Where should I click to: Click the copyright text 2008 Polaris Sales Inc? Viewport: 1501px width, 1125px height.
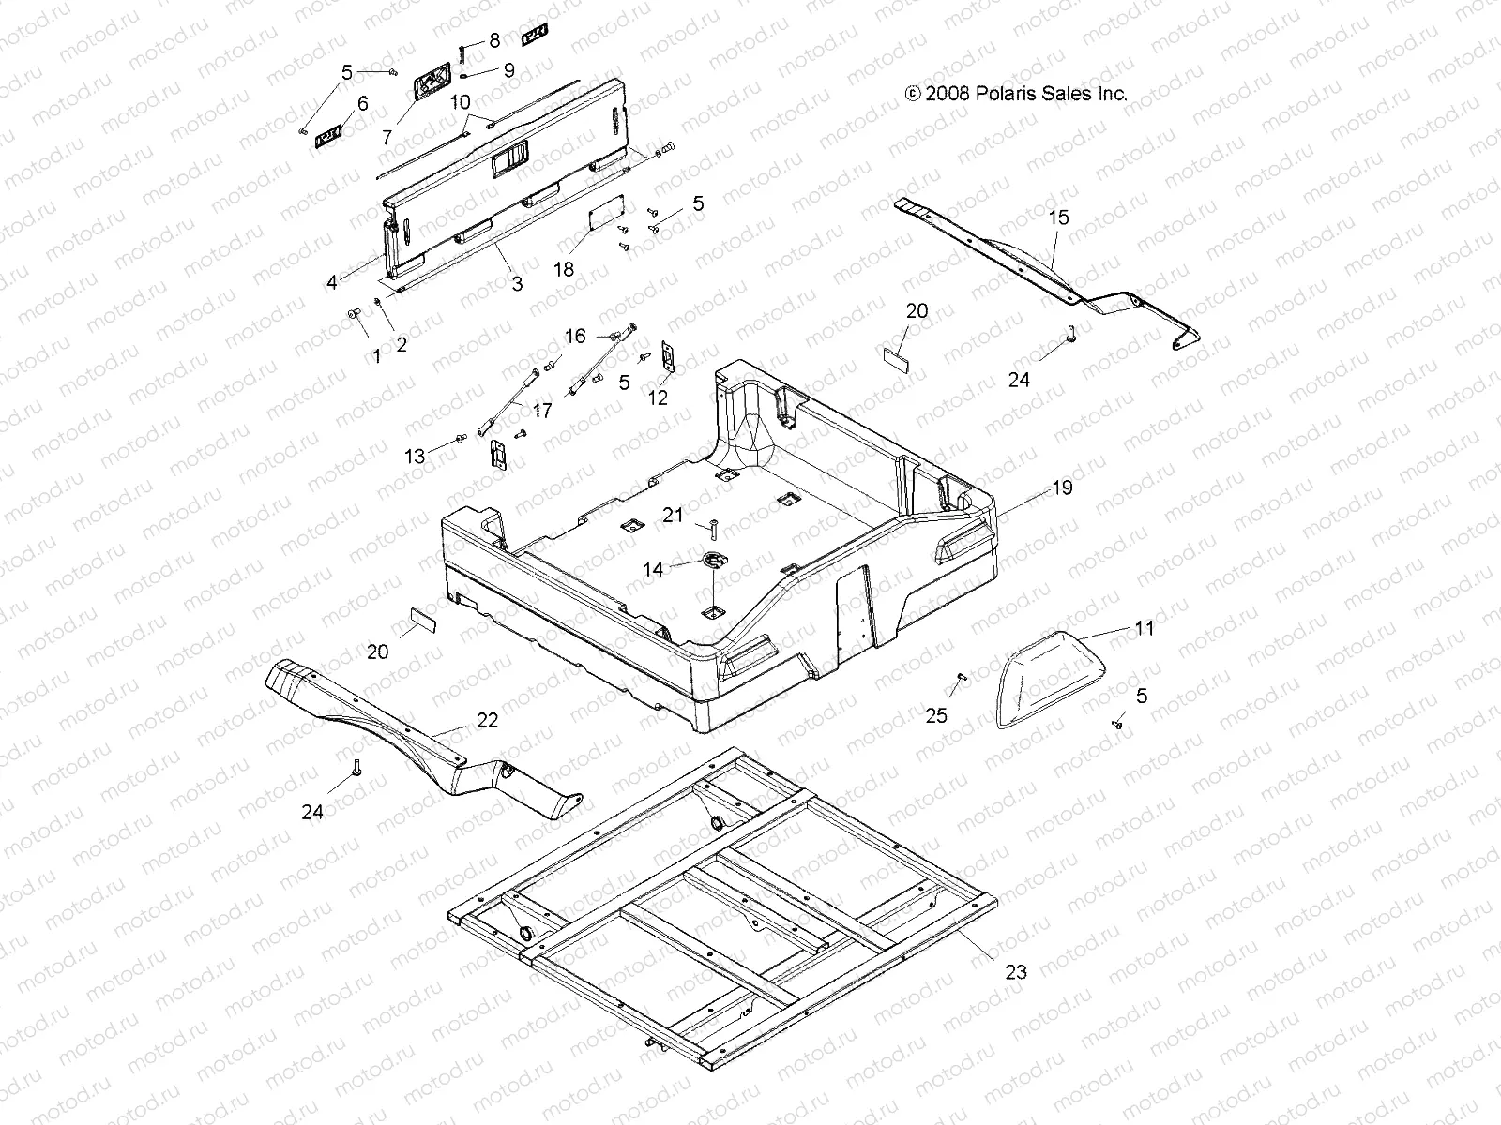pos(1015,94)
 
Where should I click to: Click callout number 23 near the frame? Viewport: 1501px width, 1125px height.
pos(1016,972)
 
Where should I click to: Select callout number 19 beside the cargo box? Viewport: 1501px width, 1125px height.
pos(1062,487)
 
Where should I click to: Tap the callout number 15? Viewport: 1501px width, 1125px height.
pos(1058,217)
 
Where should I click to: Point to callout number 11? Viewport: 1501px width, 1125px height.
pos(1144,629)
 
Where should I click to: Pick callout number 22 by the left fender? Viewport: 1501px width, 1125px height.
pos(487,721)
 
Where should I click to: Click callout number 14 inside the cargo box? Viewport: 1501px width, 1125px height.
pos(653,569)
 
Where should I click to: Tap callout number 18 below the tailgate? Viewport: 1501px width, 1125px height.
pos(563,269)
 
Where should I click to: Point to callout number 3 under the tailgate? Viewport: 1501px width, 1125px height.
pos(517,284)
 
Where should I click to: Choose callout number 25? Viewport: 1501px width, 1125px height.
pos(936,716)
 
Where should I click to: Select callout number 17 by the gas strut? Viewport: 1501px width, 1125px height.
pos(543,411)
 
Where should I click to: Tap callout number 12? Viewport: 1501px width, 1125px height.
pos(658,397)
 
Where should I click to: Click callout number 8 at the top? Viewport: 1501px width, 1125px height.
pos(494,41)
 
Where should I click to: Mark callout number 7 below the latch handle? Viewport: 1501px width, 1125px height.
pos(387,137)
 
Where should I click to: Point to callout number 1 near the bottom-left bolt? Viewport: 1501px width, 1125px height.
pos(377,356)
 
